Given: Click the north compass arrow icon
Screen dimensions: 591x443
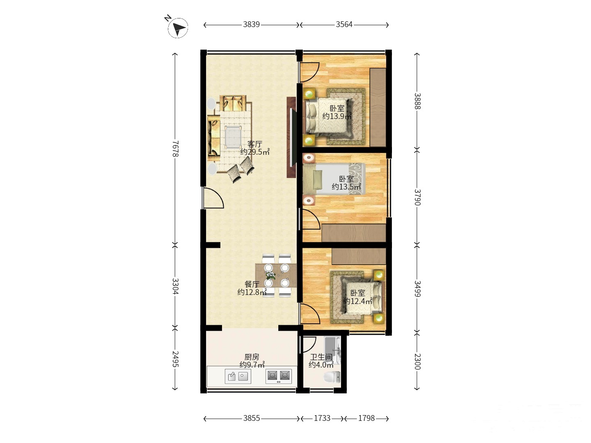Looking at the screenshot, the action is [x=178, y=28].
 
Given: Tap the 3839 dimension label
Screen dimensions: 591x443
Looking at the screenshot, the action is [x=251, y=25].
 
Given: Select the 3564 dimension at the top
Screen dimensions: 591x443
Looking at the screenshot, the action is [x=344, y=25].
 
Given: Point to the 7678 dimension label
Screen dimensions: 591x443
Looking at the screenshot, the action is [x=175, y=149].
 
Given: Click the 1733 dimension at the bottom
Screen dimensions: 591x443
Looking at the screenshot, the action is [x=322, y=418].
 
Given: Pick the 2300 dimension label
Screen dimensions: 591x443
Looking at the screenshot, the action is [x=417, y=361].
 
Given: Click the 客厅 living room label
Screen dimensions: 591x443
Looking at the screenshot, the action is [x=255, y=144].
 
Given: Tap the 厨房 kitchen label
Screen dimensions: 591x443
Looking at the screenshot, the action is [x=252, y=357].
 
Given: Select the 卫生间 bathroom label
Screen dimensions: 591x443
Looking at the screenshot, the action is [x=321, y=357].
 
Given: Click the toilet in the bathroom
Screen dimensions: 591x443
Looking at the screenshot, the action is [x=332, y=377].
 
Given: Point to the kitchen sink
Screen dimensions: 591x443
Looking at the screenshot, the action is [x=238, y=376].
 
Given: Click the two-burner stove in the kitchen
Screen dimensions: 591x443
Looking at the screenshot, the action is [x=278, y=376].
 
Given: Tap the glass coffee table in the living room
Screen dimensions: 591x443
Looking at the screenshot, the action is [x=233, y=137].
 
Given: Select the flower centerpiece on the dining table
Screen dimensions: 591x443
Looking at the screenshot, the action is [x=270, y=275].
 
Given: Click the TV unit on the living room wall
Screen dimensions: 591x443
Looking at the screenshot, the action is [x=291, y=137].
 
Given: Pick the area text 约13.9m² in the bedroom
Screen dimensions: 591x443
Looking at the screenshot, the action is [x=337, y=116].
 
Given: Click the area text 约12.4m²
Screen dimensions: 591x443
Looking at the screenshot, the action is [x=357, y=301].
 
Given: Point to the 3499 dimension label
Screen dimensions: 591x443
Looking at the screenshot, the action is [x=417, y=289].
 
